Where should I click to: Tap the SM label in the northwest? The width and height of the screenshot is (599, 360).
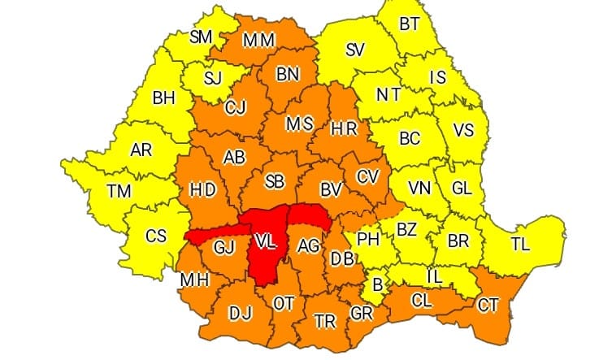click(x=201, y=37)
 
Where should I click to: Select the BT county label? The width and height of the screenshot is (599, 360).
click(x=410, y=24)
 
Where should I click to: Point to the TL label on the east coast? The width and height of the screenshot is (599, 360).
click(x=520, y=242)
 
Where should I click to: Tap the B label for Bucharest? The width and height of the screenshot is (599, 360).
click(x=376, y=284)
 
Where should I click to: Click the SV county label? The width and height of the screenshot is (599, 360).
click(x=354, y=50)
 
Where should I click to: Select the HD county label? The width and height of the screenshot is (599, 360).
click(x=202, y=189)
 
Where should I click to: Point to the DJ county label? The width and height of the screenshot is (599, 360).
click(x=241, y=312)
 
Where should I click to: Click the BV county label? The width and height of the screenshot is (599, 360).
click(x=330, y=189)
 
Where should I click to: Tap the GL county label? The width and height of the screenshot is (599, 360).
click(x=462, y=189)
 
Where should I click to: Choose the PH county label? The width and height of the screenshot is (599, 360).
click(x=370, y=240)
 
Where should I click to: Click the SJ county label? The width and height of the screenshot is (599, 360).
click(x=213, y=78)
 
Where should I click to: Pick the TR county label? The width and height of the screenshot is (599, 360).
click(x=325, y=321)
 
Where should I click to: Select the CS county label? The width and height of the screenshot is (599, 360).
click(x=155, y=236)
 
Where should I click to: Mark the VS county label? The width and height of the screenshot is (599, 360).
click(x=463, y=130)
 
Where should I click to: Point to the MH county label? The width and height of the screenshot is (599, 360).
click(x=196, y=279)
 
